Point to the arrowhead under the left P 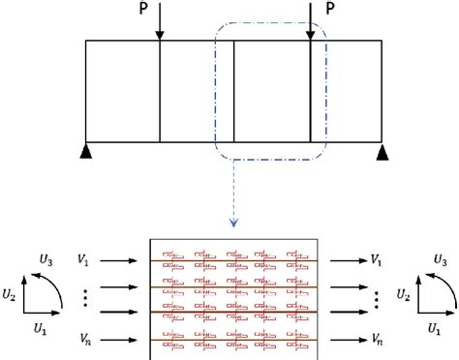(x=160, y=36)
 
